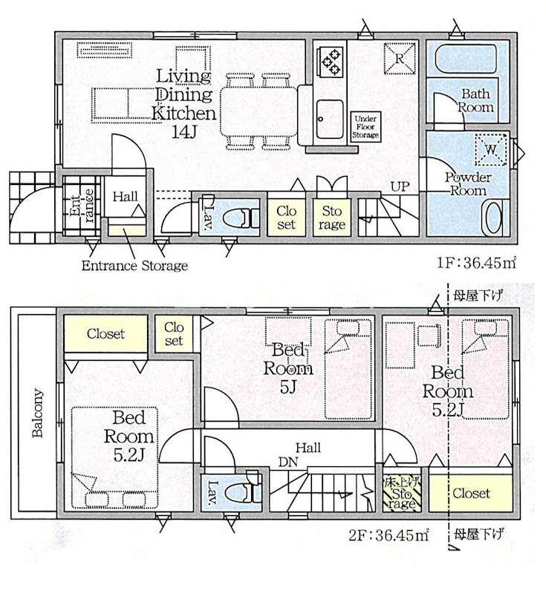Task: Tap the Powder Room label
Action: coord(467,184)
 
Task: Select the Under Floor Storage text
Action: coord(366,127)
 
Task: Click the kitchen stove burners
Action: coord(329,61)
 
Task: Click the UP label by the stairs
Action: coord(399,186)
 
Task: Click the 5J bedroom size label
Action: coord(288,386)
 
